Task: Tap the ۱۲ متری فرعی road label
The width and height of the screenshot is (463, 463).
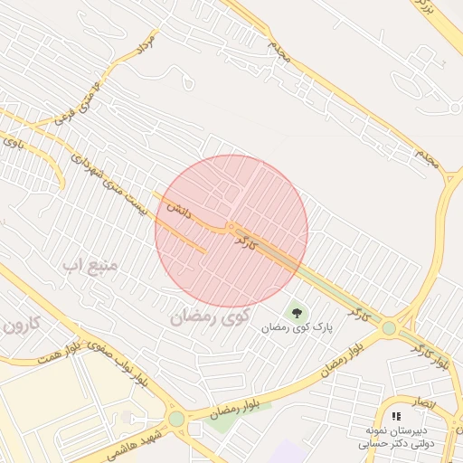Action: pyautogui.click(x=78, y=108)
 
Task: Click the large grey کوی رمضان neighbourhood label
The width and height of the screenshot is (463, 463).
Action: pyautogui.click(x=208, y=317)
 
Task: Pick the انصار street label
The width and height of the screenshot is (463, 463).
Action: pyautogui.click(x=424, y=401)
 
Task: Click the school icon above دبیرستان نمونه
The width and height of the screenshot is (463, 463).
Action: pyautogui.click(x=396, y=416)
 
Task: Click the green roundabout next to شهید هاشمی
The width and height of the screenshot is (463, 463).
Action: pyautogui.click(x=175, y=419)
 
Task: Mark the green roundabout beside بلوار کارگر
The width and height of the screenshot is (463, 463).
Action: pyautogui.click(x=389, y=328)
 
